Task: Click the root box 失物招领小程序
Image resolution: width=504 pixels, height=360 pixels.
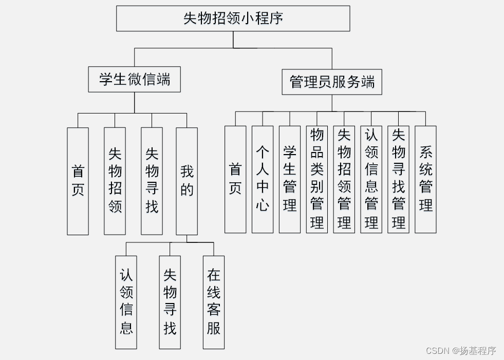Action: (233, 18)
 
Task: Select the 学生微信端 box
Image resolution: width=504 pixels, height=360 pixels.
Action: (134, 80)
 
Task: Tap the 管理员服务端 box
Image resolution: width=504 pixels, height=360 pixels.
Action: (332, 82)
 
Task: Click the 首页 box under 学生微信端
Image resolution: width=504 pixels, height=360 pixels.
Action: (78, 181)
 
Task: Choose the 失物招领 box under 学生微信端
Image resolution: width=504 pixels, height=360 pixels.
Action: (115, 181)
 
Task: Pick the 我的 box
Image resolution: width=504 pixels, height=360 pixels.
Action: (186, 181)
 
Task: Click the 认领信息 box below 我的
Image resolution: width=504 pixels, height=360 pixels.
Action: (126, 302)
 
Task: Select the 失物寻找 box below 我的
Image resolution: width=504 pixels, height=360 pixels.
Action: (170, 302)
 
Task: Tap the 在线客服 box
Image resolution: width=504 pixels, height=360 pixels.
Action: (214, 302)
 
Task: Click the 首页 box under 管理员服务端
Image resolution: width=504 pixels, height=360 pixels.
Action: (235, 179)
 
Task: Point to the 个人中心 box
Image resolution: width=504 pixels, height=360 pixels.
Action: (263, 179)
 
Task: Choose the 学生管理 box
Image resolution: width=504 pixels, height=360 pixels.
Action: (290, 179)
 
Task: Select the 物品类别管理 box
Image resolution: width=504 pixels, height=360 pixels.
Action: (317, 179)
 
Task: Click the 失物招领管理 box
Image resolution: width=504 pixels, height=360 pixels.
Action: (344, 179)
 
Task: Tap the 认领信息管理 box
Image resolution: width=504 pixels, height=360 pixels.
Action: (371, 179)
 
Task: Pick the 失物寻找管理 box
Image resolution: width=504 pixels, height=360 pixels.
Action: (398, 179)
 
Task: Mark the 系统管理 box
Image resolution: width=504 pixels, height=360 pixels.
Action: (425, 179)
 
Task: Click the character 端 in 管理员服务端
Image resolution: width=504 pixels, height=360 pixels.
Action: (368, 82)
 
